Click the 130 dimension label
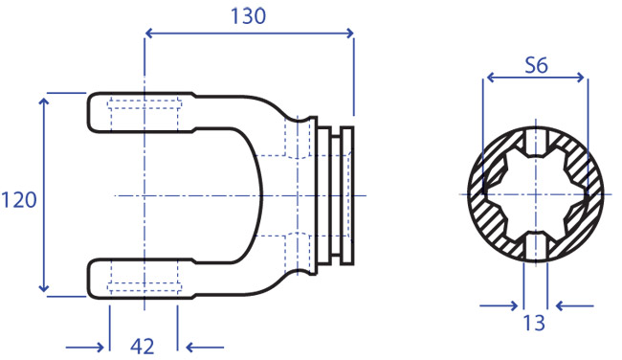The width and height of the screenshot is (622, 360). coord(248,16)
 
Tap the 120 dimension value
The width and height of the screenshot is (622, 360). coord(19,199)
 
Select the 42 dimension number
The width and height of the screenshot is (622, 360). coord(142,346)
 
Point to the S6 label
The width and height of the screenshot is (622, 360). coord(536,65)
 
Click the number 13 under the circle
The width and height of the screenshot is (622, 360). coord(534,323)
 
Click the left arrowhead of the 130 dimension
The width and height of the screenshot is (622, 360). coord(148,33)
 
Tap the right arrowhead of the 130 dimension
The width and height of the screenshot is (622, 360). coord(349,33)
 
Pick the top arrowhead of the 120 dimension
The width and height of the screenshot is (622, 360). coord(44,101)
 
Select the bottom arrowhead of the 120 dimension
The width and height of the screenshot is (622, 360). coord(44,287)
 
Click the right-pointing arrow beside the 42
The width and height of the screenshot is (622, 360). coord(85,348)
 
